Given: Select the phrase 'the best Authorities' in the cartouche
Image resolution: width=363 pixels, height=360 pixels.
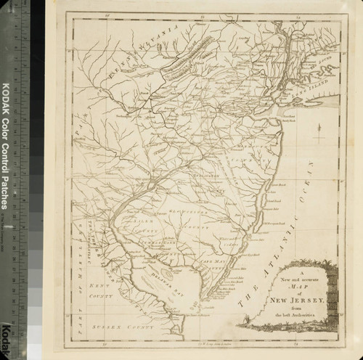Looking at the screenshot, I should pyautogui.click(x=291, y=314).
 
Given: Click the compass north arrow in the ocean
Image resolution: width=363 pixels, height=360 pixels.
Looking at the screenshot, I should pyautogui.click(x=319, y=132).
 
